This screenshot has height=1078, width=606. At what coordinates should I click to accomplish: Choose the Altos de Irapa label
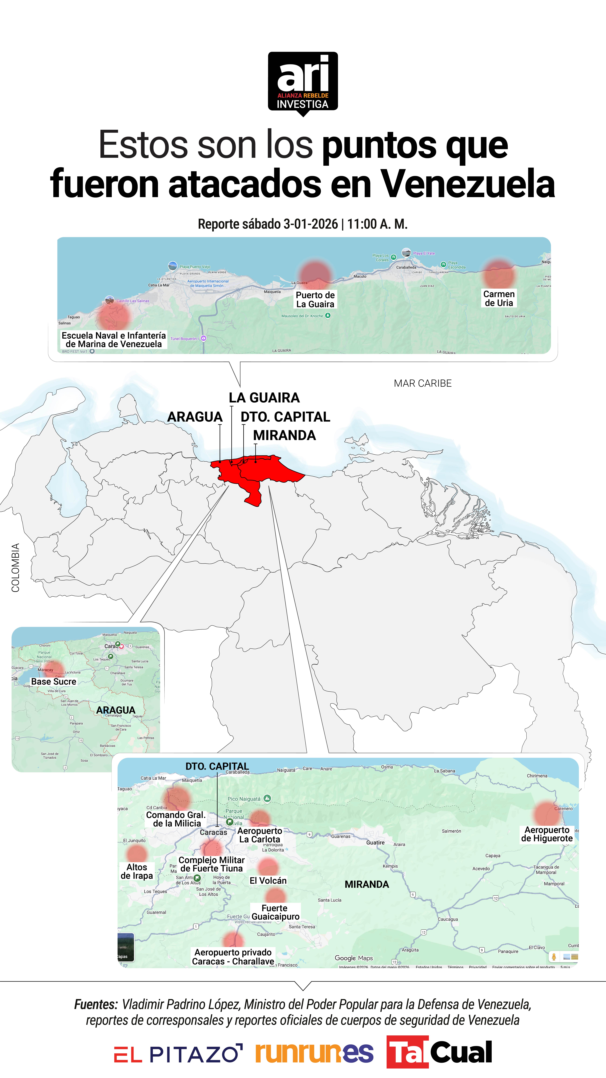click(x=137, y=871)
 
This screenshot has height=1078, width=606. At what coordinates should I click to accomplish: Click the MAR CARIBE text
click(x=422, y=383)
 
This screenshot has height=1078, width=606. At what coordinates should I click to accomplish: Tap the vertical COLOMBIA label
click(x=15, y=567)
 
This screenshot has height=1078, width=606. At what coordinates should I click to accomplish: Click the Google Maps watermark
click(x=353, y=958)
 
